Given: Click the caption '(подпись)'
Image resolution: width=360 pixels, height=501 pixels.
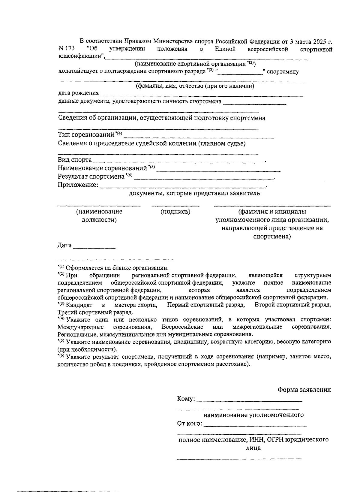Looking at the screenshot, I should (x=175, y=212).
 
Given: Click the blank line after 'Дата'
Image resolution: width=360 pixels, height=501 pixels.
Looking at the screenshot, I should (x=94, y=247).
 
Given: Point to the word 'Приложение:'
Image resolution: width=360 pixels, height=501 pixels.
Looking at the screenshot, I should (x=78, y=185).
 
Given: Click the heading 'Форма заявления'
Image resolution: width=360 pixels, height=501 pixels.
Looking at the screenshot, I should (x=304, y=390).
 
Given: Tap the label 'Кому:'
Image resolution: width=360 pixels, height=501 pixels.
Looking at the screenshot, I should (x=186, y=399).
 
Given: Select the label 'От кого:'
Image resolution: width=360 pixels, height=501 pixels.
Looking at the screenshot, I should (x=190, y=424).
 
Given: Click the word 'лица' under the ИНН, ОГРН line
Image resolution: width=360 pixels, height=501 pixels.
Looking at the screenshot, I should (x=253, y=448).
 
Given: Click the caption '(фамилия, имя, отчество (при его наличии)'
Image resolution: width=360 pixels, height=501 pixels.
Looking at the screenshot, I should (x=195, y=86).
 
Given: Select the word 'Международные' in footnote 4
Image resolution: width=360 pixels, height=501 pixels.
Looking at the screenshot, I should (x=81, y=327).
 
